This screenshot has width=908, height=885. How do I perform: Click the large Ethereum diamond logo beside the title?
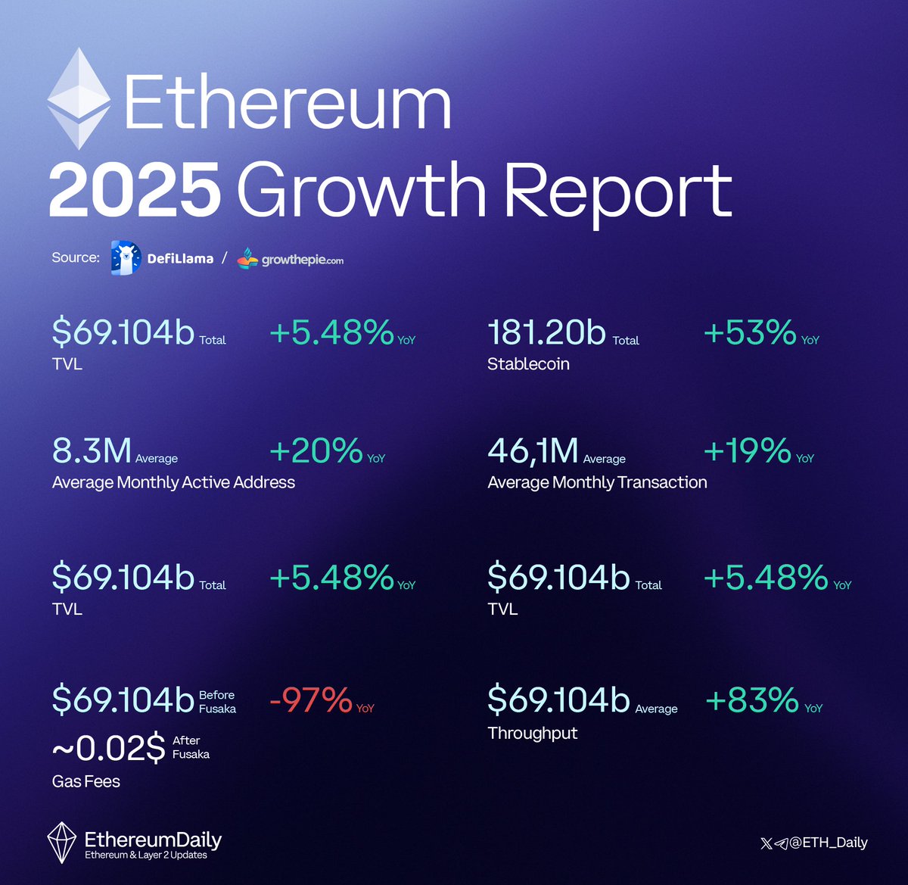[79, 99]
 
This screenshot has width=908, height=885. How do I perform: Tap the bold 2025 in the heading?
[135, 190]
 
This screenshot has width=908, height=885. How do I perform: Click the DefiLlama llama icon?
[126, 258]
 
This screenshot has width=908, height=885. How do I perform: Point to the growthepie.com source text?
[302, 260]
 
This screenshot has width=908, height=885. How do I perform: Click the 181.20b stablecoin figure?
[547, 332]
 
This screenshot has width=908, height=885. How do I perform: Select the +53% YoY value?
[749, 332]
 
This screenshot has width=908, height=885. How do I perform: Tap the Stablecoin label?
[528, 364]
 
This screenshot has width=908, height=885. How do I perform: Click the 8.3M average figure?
[92, 450]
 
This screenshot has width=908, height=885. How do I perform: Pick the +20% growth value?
[316, 450]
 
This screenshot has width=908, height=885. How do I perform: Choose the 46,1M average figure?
[533, 450]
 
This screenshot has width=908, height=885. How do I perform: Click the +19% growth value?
[748, 450]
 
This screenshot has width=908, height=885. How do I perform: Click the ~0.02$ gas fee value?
[109, 748]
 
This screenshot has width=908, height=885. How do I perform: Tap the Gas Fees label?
[86, 781]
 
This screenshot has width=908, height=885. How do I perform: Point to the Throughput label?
[533, 733]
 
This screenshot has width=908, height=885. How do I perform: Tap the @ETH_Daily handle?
[829, 843]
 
